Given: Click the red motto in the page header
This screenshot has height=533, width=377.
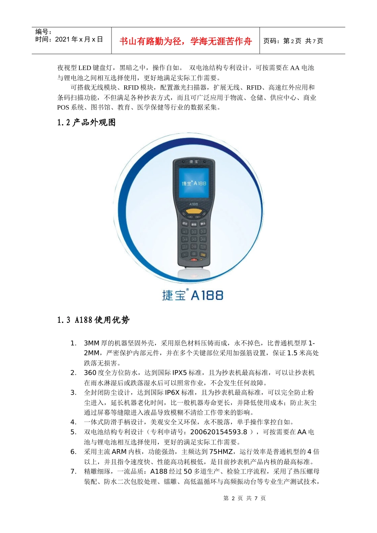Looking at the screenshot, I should [185, 41].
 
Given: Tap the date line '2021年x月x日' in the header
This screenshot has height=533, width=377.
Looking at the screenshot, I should [69, 39].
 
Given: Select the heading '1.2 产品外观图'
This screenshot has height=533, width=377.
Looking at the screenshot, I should [86, 123].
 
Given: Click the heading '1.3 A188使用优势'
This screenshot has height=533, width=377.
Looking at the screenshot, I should [93, 320].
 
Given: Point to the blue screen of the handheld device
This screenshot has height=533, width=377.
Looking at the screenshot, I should [194, 183].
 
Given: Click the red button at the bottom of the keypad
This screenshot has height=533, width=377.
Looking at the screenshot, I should [194, 260].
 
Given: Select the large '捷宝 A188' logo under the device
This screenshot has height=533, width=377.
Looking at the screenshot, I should [193, 295].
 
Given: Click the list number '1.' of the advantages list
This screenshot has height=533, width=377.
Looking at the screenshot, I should [73, 343].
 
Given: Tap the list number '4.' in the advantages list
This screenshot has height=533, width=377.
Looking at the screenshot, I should [73, 422].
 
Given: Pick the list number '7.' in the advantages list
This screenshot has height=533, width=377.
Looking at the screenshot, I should [73, 472].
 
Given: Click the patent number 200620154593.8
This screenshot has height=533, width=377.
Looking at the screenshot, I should [219, 432].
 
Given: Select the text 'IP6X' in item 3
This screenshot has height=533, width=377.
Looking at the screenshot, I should [173, 393].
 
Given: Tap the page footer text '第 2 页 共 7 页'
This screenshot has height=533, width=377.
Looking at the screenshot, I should [244, 498].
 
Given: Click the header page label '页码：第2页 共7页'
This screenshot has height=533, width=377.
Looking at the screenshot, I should [293, 41].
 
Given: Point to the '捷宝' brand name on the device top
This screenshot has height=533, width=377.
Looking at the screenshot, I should [194, 161].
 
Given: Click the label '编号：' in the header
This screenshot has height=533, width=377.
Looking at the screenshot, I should [44, 32].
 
